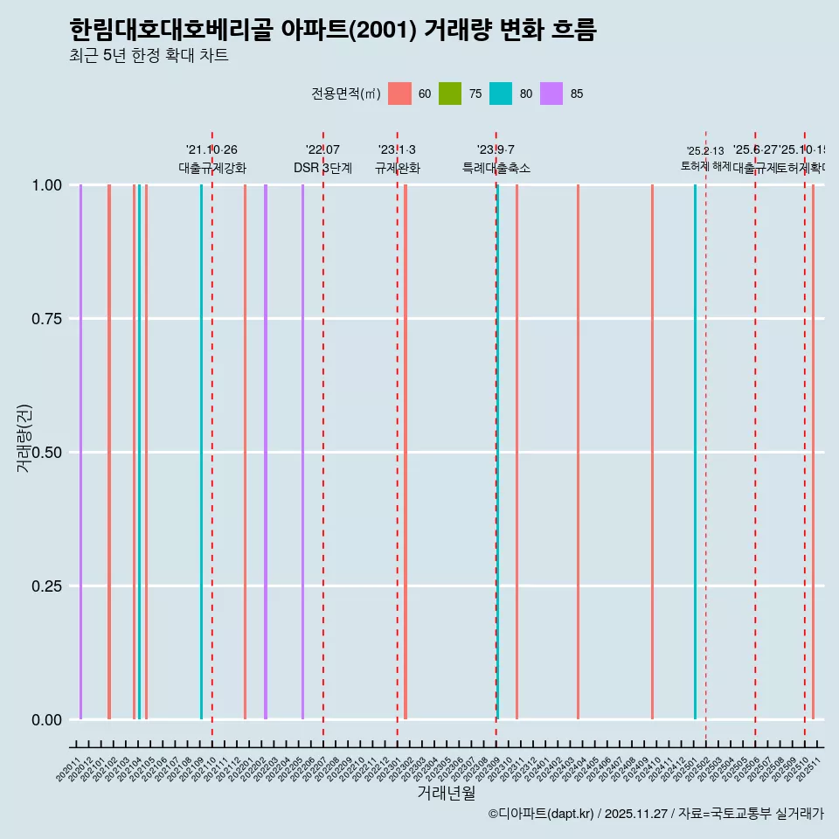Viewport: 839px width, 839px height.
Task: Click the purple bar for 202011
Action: pos(80,452)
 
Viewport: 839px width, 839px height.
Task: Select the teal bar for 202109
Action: pos(201,452)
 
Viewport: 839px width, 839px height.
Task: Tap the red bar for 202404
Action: pos(578,452)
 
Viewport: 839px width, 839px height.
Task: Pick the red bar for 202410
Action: pos(652,452)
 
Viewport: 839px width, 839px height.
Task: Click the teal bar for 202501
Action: pos(696,452)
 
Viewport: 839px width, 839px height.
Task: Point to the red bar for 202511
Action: pos(813,452)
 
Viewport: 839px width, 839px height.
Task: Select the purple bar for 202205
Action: pos(303,452)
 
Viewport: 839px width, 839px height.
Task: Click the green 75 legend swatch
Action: pos(450,94)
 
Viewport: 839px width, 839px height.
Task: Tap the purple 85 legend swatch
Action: pos(551,94)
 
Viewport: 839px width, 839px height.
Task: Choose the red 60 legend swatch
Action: pos(399,94)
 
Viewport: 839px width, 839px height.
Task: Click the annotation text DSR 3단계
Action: pos(322,168)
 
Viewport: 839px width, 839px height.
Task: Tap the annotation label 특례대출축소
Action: pos(496,168)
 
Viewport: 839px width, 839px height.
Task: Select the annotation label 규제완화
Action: pos(398,168)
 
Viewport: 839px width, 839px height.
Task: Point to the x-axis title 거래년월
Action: pos(446,793)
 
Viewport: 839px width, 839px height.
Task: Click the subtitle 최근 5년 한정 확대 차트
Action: pos(149,56)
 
